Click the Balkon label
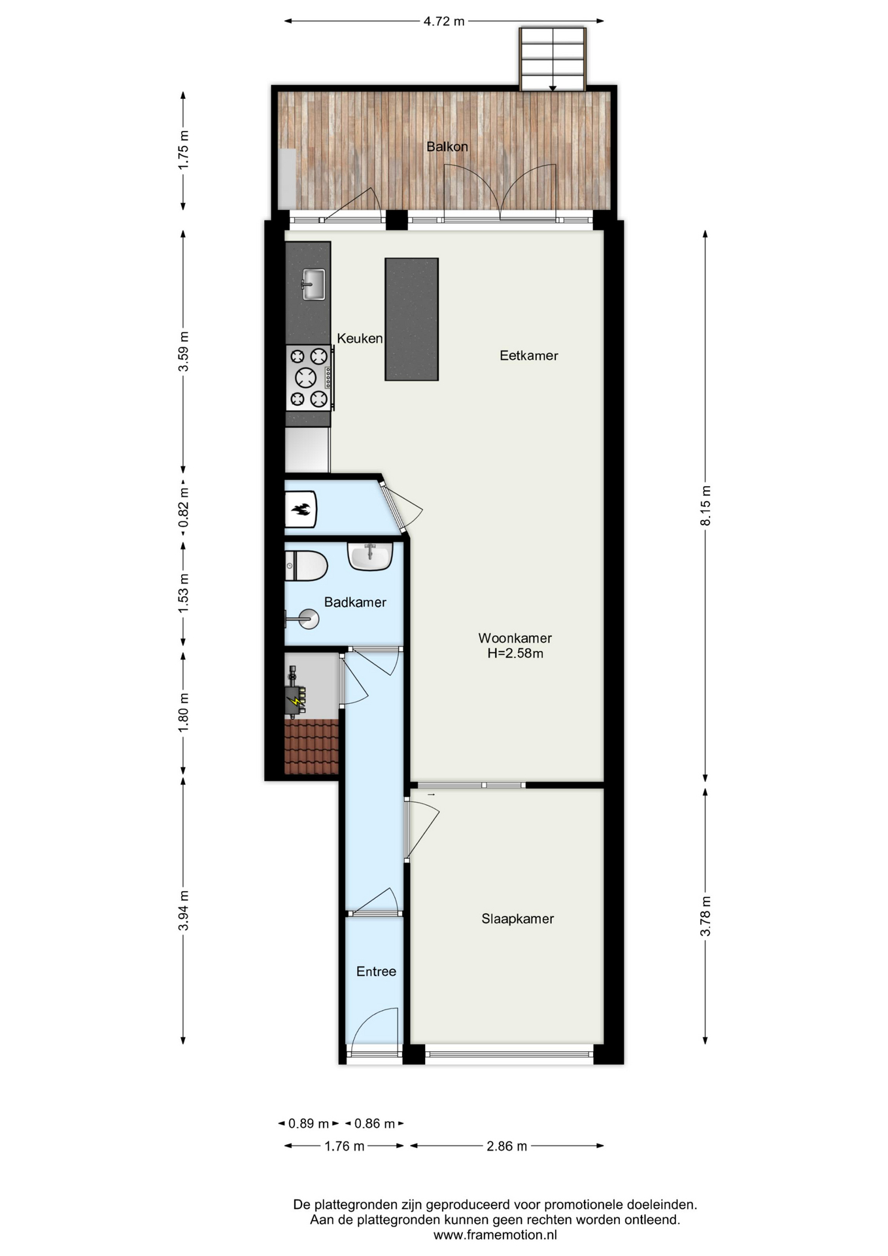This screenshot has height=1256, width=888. point(447,147)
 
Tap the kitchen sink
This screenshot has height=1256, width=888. point(313,284)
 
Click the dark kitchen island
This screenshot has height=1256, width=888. point(411,319)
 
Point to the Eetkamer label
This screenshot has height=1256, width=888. point(528,356)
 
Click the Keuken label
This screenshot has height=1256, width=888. point(360,338)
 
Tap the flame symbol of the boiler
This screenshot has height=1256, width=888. point(301,509)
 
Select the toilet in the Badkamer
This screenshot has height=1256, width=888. point(306,566)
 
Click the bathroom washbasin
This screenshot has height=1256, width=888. point(370,556)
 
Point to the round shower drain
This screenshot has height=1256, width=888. point(309,619)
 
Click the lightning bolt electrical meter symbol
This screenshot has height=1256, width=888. point(296,701)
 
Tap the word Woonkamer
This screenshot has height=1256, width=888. point(515,638)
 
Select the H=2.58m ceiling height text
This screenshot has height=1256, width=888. point(515,654)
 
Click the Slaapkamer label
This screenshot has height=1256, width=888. point(517,919)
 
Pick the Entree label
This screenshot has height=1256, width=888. point(376,971)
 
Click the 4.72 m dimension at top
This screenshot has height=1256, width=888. point(444,21)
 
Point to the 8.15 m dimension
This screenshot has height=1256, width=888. point(705,506)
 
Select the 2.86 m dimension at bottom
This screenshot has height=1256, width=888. point(507,1146)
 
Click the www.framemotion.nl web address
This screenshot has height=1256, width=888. point(495,1235)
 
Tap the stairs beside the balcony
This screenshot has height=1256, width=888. point(553,58)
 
